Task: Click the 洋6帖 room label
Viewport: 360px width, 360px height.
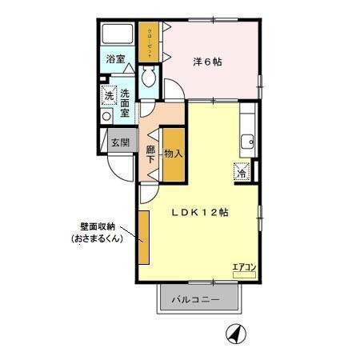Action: click(207, 62)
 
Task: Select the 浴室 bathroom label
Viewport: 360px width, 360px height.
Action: click(116, 58)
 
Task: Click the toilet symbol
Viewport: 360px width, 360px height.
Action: click(149, 78)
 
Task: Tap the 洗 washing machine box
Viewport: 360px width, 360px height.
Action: click(109, 97)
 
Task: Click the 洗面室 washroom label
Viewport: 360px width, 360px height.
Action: click(126, 103)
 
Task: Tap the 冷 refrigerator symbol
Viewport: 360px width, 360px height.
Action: click(242, 171)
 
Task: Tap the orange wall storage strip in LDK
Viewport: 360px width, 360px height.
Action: click(143, 237)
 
